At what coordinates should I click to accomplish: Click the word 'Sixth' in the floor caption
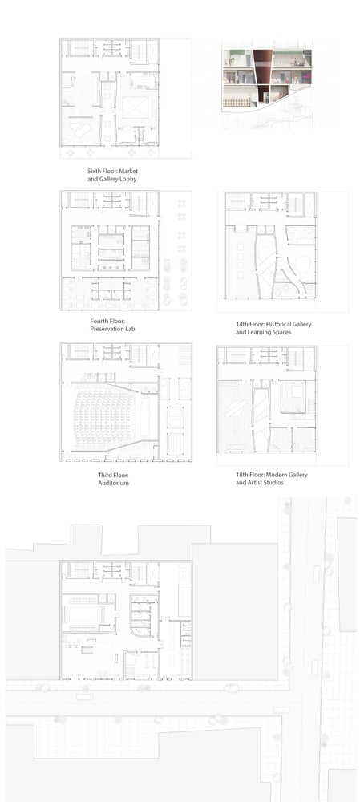95,171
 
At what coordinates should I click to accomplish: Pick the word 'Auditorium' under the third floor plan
114,483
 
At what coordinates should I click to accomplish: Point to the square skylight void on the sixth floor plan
136,107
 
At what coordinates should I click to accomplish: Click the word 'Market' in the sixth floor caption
129,171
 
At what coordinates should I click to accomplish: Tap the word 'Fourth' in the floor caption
98,321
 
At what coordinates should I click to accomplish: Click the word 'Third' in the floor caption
105,475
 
